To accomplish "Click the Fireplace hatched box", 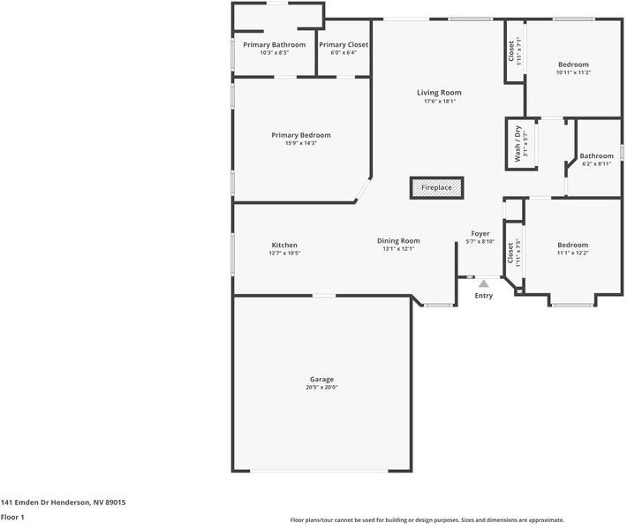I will [x=436, y=187].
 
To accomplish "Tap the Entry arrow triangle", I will [x=484, y=283].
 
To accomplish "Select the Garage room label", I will [x=321, y=379].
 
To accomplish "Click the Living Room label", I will [x=439, y=93].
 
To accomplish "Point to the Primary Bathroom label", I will [x=275, y=45].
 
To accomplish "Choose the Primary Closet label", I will [x=344, y=45].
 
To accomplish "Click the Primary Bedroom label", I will [x=300, y=135].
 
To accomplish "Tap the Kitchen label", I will [x=284, y=245].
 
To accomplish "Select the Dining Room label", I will [x=398, y=240].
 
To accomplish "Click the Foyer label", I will [x=480, y=234].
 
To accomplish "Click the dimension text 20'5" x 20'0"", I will [x=321, y=387].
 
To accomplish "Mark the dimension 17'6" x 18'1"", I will [x=439, y=102].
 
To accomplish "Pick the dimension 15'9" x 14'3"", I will [x=300, y=143].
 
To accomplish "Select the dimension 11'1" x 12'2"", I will [x=572, y=253].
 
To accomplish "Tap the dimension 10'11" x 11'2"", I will [x=573, y=72].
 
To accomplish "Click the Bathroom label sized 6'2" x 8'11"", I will [x=596, y=156].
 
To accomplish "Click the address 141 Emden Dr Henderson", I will [x=63, y=503].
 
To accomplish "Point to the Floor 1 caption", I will [x=12, y=517].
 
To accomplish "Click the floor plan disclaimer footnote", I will [x=427, y=520].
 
